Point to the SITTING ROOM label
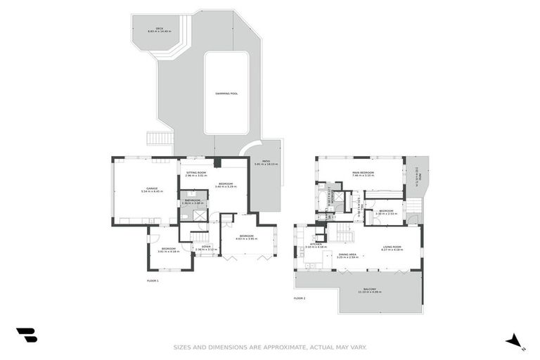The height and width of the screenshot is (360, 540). click(196, 173)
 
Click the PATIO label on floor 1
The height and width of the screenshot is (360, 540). click(266, 163)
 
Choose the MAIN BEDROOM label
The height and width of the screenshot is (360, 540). click(363, 173)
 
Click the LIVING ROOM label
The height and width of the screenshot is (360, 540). click(392, 247)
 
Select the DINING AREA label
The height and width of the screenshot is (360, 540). click(349, 255)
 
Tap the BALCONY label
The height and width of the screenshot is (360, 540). click(370, 290)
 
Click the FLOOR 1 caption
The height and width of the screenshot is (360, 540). click(153, 281)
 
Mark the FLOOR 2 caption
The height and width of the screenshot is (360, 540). click(299, 298)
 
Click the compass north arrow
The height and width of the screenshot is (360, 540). click(515, 341)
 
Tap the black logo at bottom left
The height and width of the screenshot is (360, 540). click(27, 336)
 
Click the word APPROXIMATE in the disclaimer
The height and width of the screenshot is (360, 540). click(282, 347)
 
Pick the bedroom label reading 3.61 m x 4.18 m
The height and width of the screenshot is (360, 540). click(169, 250)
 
